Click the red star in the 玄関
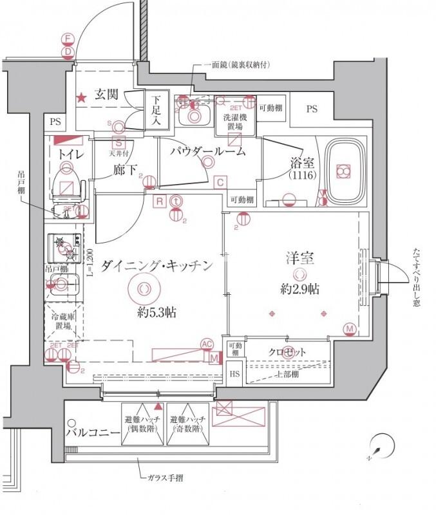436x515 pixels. (82, 98)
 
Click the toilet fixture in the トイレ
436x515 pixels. (66, 181)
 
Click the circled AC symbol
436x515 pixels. (207, 344)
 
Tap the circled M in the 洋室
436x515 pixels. (350, 330)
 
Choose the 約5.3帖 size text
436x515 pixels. (157, 314)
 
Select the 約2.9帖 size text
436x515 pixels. (299, 290)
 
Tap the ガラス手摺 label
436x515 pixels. (165, 479)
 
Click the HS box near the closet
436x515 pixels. (234, 373)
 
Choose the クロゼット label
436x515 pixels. (287, 352)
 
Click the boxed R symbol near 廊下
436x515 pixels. (158, 200)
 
